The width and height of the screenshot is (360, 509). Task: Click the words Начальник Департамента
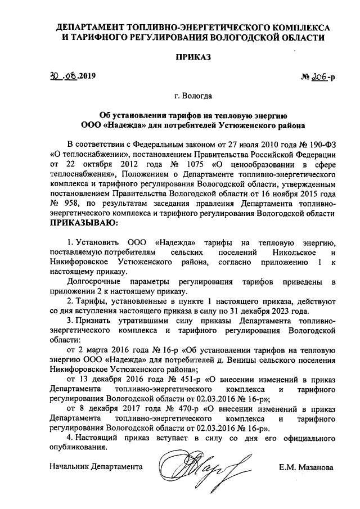pos(96,467)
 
